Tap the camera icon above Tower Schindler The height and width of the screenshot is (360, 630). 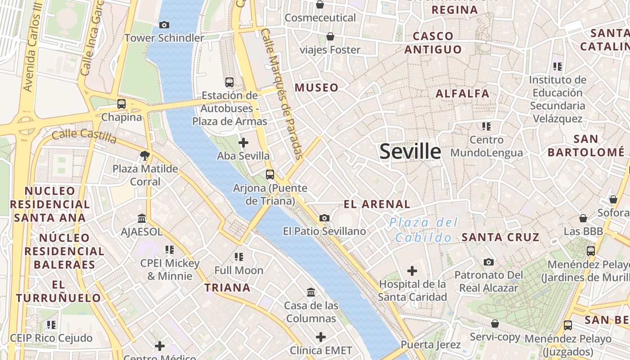[x=164, y=25]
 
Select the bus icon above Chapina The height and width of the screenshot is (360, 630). [x=121, y=103]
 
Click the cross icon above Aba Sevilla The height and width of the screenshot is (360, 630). [x=243, y=143]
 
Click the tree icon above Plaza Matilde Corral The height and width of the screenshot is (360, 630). [x=145, y=156]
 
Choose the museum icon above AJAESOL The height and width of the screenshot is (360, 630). [x=142, y=218]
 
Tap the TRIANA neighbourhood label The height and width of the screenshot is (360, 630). [x=227, y=288]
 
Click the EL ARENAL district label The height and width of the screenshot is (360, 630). [x=377, y=204]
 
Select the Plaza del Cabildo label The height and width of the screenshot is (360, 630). [x=423, y=229]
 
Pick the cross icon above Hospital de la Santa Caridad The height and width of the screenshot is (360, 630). [x=412, y=271]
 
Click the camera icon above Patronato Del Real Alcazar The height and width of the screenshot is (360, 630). [x=489, y=262]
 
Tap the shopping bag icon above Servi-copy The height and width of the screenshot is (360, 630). [x=495, y=324]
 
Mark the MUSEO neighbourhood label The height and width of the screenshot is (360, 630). [x=316, y=88]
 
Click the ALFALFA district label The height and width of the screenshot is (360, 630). [x=463, y=94]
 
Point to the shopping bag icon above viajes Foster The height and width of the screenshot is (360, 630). [x=330, y=36]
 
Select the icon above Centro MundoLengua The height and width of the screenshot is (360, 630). [x=486, y=126]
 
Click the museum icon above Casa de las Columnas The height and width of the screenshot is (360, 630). [x=310, y=292]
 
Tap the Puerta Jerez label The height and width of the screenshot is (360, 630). [x=431, y=345]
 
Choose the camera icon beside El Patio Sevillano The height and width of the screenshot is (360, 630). [x=324, y=218]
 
